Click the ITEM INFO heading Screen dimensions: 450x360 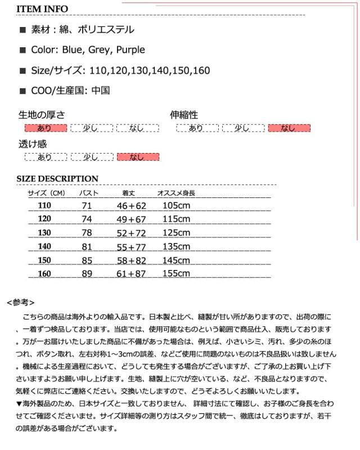pyautogui.click(x=42, y=9)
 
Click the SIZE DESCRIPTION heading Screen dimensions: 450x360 pyautogui.click(x=57, y=179)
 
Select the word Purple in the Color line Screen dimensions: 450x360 pyautogui.click(x=130, y=50)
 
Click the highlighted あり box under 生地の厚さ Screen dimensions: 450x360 pyautogui.click(x=44, y=128)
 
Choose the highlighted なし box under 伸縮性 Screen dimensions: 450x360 pyautogui.click(x=289, y=128)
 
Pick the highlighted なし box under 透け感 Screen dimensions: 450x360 pyautogui.click(x=137, y=157)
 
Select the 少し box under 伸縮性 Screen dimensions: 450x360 pyautogui.click(x=242, y=128)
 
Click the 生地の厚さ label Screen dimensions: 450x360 pyautogui.click(x=42, y=115)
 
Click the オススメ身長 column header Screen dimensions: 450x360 pyautogui.click(x=175, y=193)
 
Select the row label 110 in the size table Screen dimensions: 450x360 pyautogui.click(x=44, y=205)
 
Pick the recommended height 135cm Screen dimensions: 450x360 pyautogui.click(x=176, y=246)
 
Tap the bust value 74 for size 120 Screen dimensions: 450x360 pyautogui.click(x=87, y=219)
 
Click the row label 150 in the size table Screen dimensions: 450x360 pyautogui.click(x=44, y=260)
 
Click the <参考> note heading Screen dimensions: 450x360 pyautogui.click(x=21, y=302)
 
